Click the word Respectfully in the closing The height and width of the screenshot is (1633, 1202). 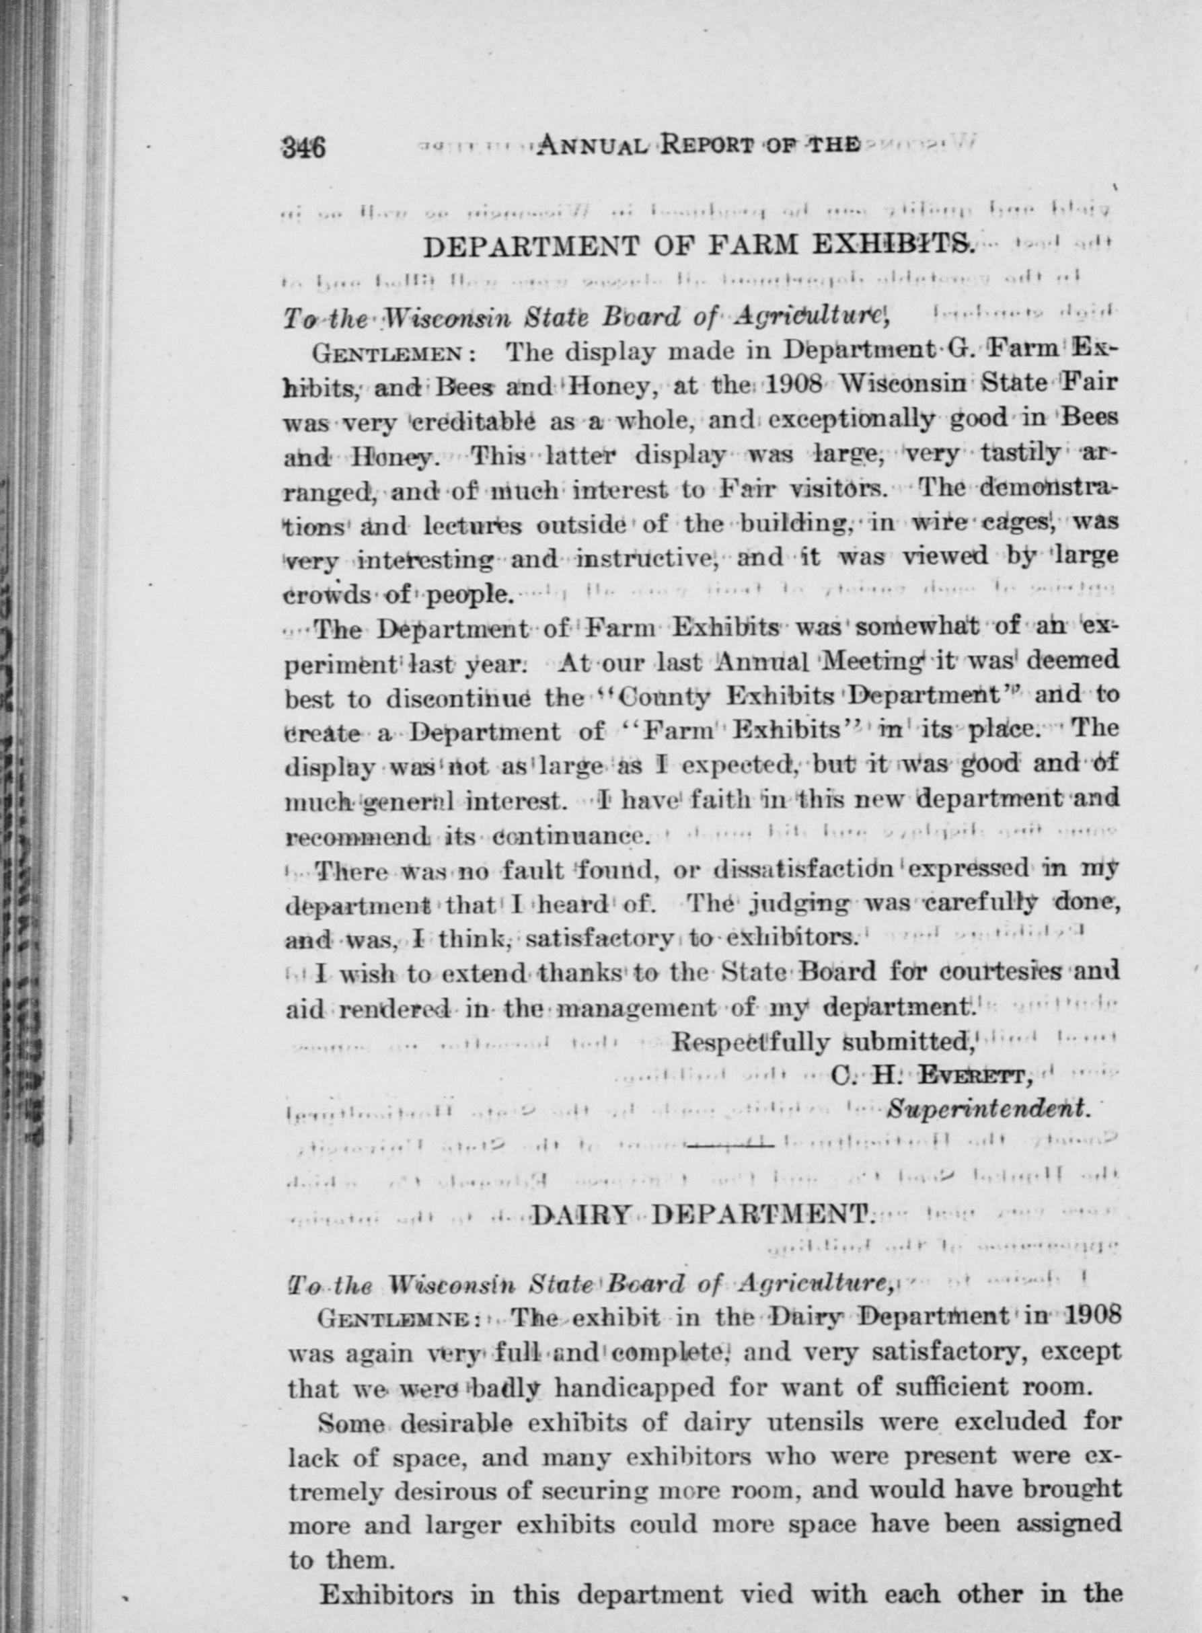(749, 1042)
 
